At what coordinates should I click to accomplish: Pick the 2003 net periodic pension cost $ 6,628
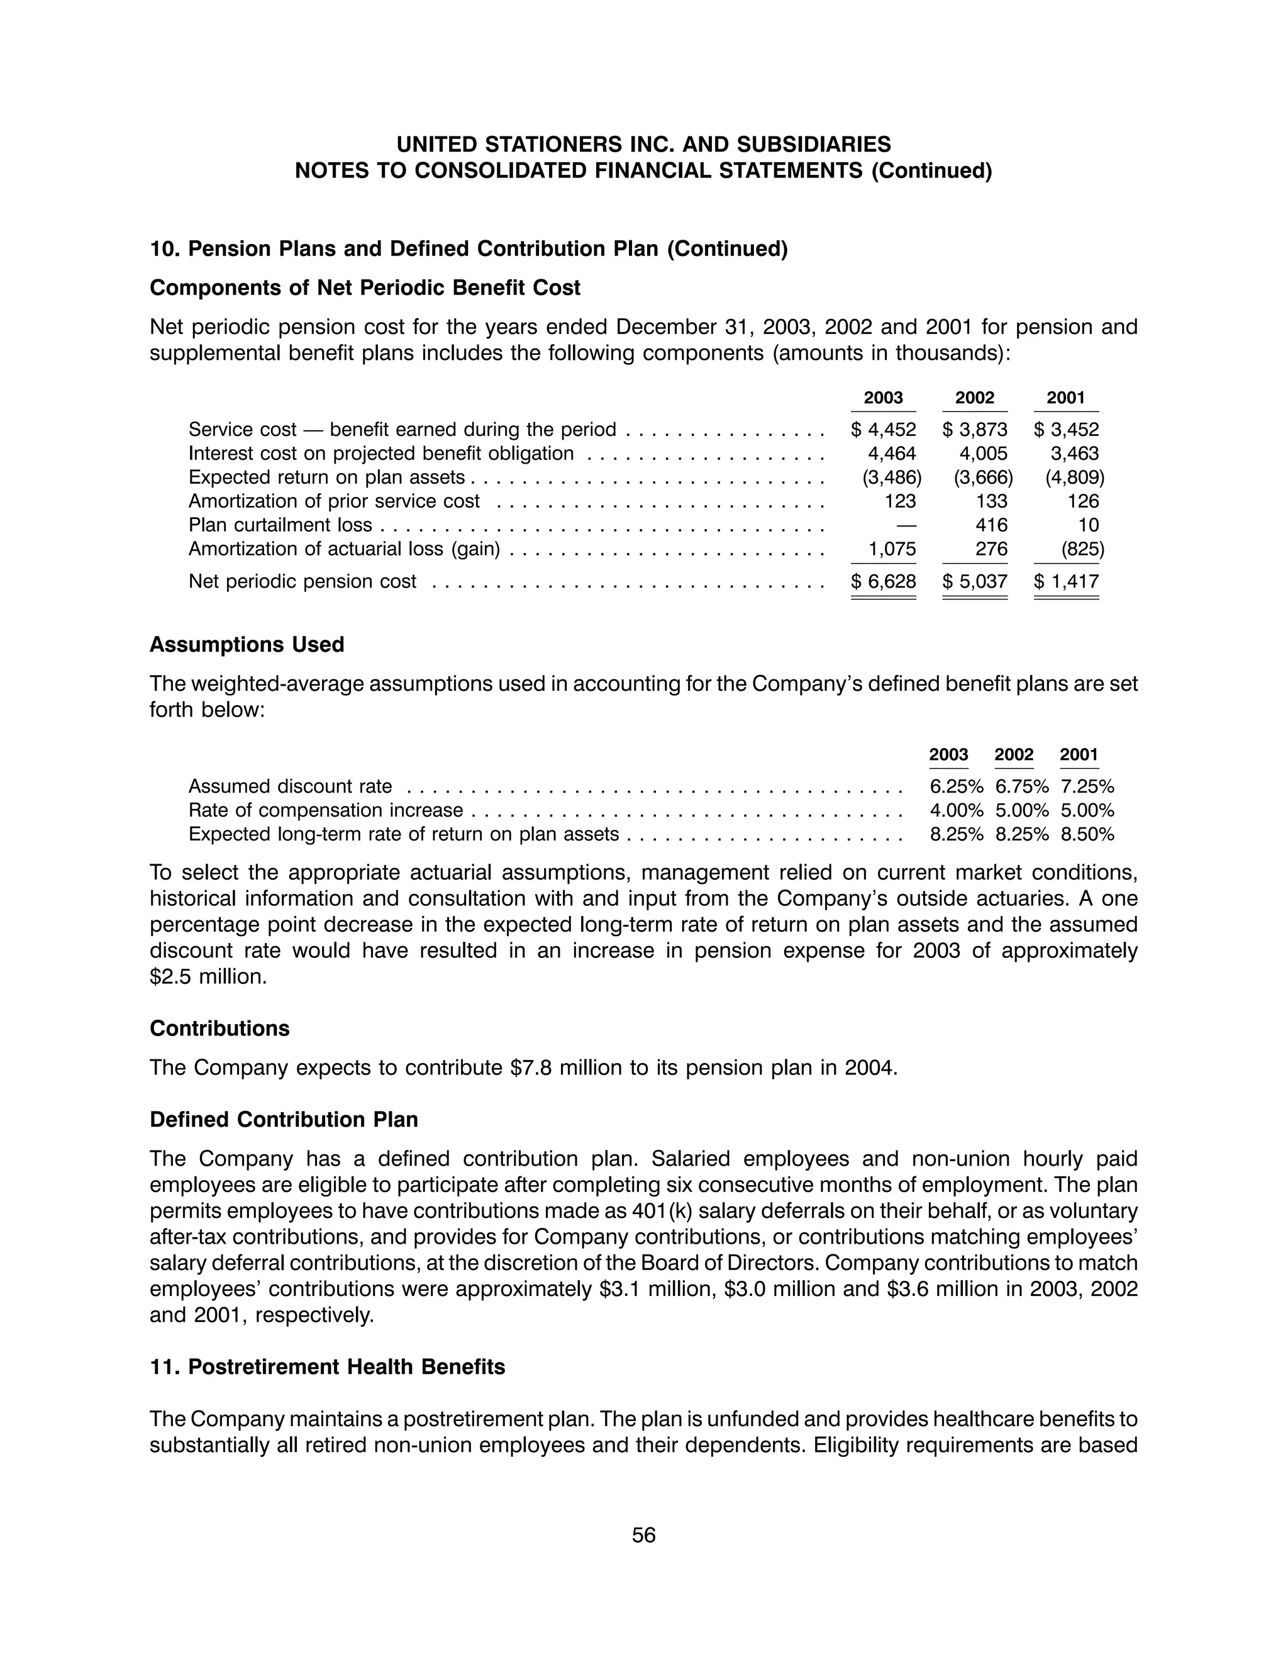coord(883,581)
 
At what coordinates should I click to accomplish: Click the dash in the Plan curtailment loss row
coord(906,525)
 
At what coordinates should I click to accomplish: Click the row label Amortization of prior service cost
coord(335,501)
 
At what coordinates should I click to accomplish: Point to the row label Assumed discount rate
coord(291,786)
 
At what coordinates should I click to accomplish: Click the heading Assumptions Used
coord(247,645)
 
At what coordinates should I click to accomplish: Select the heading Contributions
coord(220,1029)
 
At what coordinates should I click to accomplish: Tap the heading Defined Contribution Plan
coord(284,1120)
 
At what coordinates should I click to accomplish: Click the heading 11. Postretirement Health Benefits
coord(328,1367)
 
